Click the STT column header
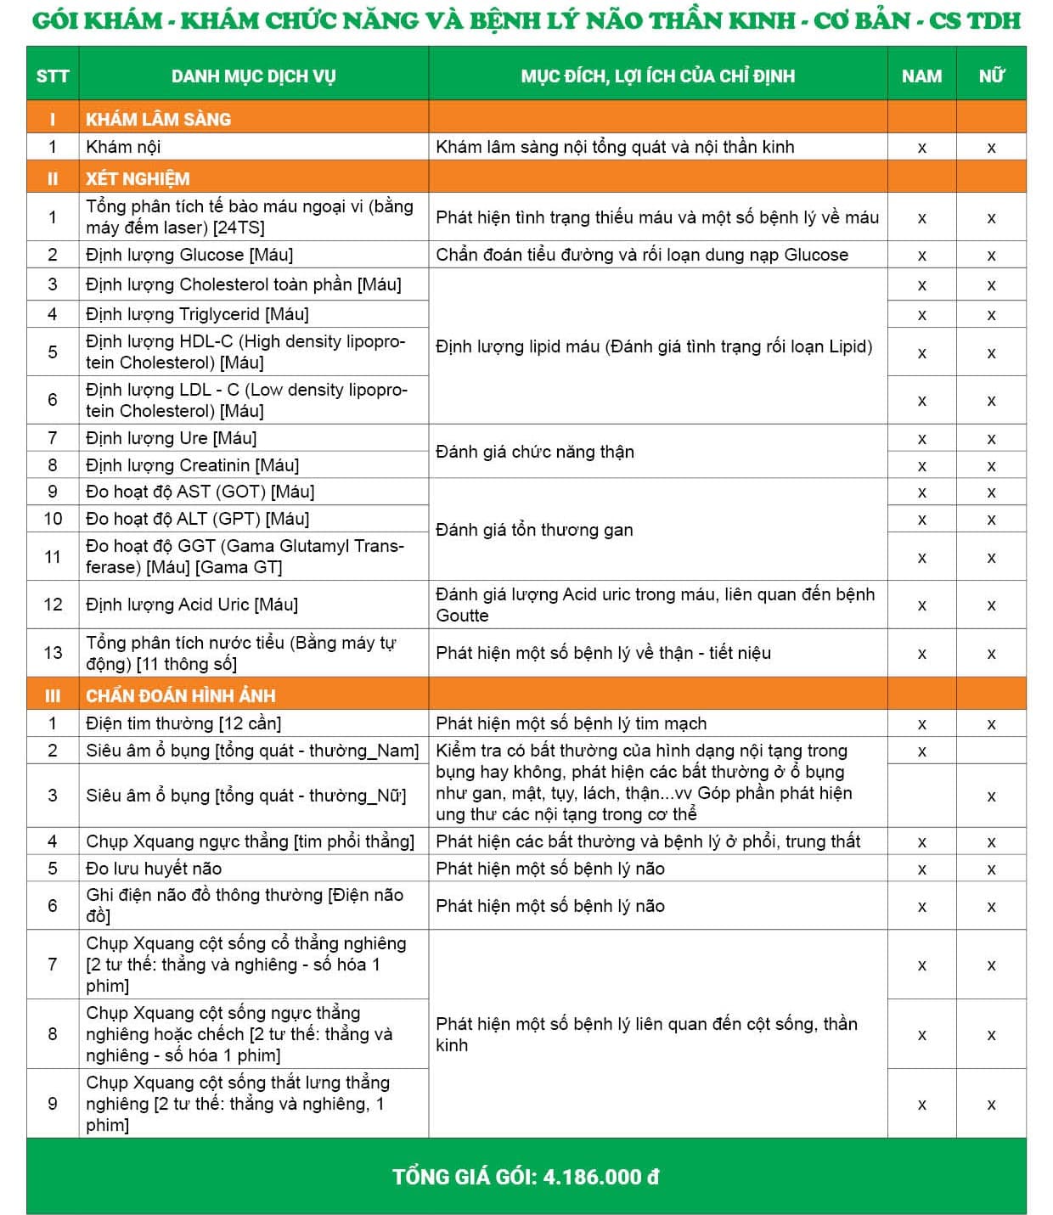[52, 76]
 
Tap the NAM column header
[921, 76]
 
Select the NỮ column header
[991, 76]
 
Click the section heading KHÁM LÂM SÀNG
[158, 119]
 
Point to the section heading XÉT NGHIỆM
[138, 178]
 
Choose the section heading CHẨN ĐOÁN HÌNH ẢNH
[180, 695]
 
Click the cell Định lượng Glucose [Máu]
[189, 255]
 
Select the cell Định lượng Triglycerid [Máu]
[197, 314]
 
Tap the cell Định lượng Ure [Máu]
[171, 438]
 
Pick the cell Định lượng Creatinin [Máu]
[192, 465]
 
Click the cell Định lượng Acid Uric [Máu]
[192, 605]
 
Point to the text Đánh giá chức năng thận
[535, 452]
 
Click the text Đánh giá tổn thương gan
[534, 530]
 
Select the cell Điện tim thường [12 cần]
[183, 723]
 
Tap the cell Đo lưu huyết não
[154, 868]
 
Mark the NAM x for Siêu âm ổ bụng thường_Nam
[921, 751]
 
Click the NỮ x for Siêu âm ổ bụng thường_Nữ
[991, 796]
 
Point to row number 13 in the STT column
[53, 652]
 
